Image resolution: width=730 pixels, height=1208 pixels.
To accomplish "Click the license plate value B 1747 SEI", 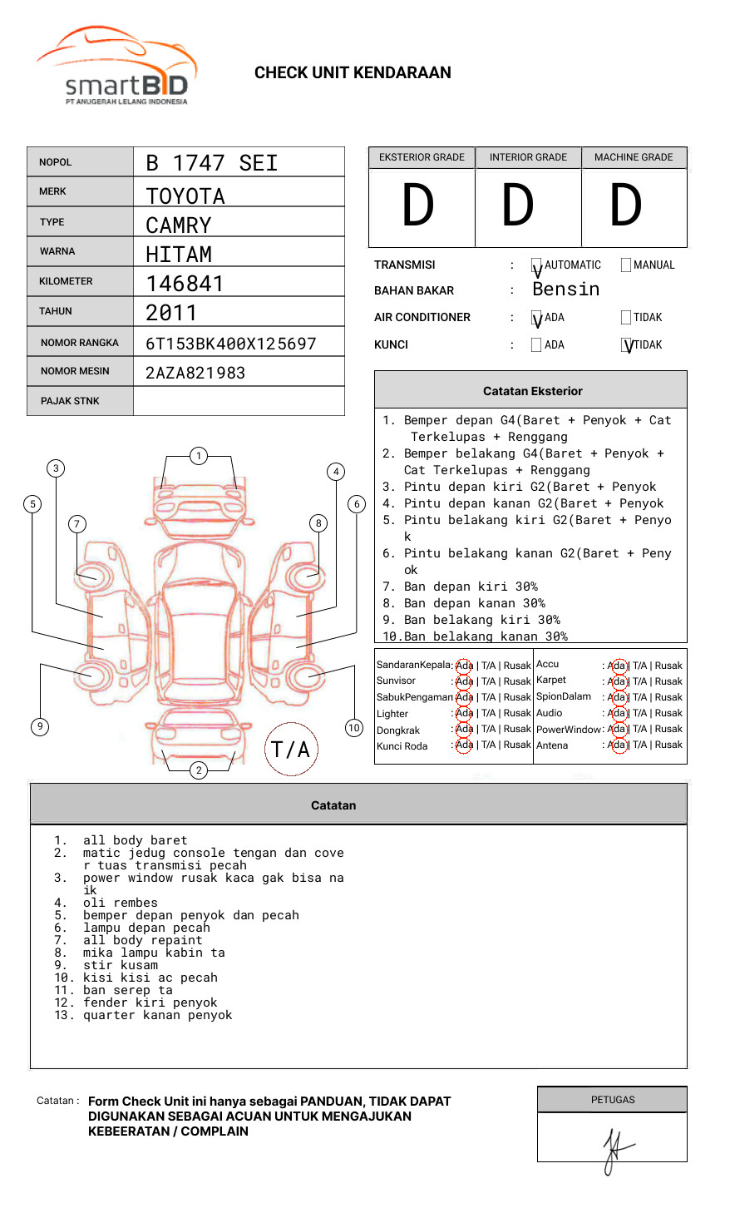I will pyautogui.click(x=211, y=163).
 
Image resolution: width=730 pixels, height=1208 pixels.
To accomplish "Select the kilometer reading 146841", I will pyautogui.click(x=185, y=284).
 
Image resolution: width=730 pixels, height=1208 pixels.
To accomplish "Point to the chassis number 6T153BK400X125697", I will pyautogui.click(x=230, y=344).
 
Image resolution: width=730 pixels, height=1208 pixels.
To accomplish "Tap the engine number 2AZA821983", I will pyautogui.click(x=195, y=373).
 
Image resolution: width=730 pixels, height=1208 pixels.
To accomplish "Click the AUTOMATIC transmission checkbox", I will pyautogui.click(x=537, y=266).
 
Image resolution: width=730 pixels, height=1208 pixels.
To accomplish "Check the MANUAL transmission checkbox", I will pyautogui.click(x=626, y=265).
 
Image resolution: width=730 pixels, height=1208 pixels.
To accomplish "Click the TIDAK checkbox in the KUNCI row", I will pyautogui.click(x=627, y=345).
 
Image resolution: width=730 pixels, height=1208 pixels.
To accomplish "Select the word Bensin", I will pyautogui.click(x=565, y=290).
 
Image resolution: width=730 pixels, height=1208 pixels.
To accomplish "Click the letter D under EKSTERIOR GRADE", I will pyautogui.click(x=418, y=206).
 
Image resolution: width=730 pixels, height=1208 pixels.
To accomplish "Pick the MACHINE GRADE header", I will pyautogui.click(x=634, y=157).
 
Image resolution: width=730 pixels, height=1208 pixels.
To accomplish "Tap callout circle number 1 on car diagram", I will pyautogui.click(x=198, y=456).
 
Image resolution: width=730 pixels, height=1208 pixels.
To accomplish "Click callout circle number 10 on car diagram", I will pyautogui.click(x=354, y=728).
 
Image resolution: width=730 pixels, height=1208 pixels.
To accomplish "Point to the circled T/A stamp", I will pyautogui.click(x=291, y=750).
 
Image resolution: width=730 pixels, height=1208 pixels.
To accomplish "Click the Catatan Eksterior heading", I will pyautogui.click(x=532, y=391).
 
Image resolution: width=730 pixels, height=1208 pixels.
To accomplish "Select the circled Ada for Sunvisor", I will pyautogui.click(x=464, y=681).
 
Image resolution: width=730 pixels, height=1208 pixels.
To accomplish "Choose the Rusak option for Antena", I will pyautogui.click(x=668, y=745).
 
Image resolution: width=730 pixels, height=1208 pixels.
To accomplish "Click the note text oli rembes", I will pyautogui.click(x=120, y=904).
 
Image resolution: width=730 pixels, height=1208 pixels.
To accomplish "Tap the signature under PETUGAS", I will pyautogui.click(x=614, y=1150).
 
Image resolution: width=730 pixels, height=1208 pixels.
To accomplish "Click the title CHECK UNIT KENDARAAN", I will pyautogui.click(x=353, y=73).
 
